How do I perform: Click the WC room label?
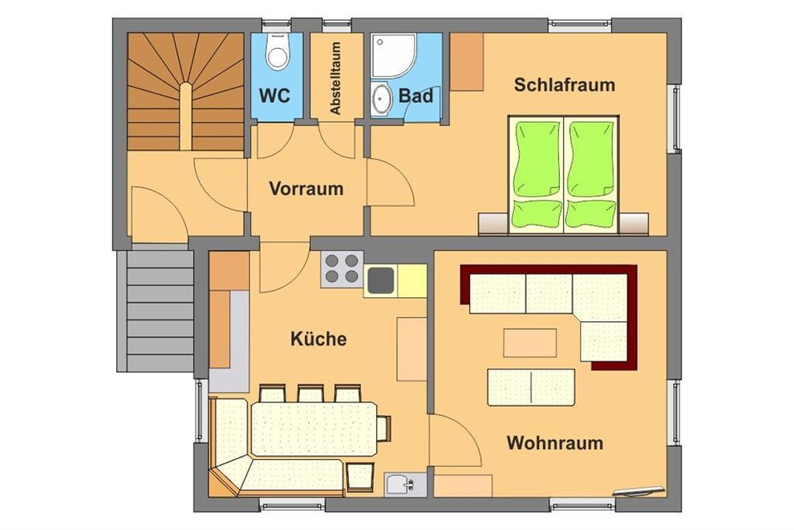pyautogui.click(x=274, y=96)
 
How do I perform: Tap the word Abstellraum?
pyautogui.click(x=335, y=78)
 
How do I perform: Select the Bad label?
pyautogui.click(x=415, y=96)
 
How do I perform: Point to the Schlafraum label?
pyautogui.click(x=564, y=84)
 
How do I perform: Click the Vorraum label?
pyautogui.click(x=306, y=189)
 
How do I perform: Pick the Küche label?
pyautogui.click(x=318, y=338)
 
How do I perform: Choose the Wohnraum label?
pyautogui.click(x=555, y=442)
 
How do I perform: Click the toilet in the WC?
pyautogui.click(x=277, y=51)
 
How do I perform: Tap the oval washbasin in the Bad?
pyautogui.click(x=381, y=99)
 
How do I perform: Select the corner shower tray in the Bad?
pyautogui.click(x=393, y=55)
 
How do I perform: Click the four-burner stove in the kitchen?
pyautogui.click(x=342, y=269)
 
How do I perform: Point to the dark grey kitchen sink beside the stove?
pyautogui.click(x=381, y=280)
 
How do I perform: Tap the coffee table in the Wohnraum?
pyautogui.click(x=529, y=343)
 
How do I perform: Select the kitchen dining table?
pyautogui.click(x=314, y=429)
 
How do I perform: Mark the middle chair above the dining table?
pyautogui.click(x=310, y=393)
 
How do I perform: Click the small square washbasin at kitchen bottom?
pyautogui.click(x=405, y=484)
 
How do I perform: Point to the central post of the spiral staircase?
pyautogui.click(x=186, y=116)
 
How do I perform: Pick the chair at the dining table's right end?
pyautogui.click(x=384, y=428)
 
